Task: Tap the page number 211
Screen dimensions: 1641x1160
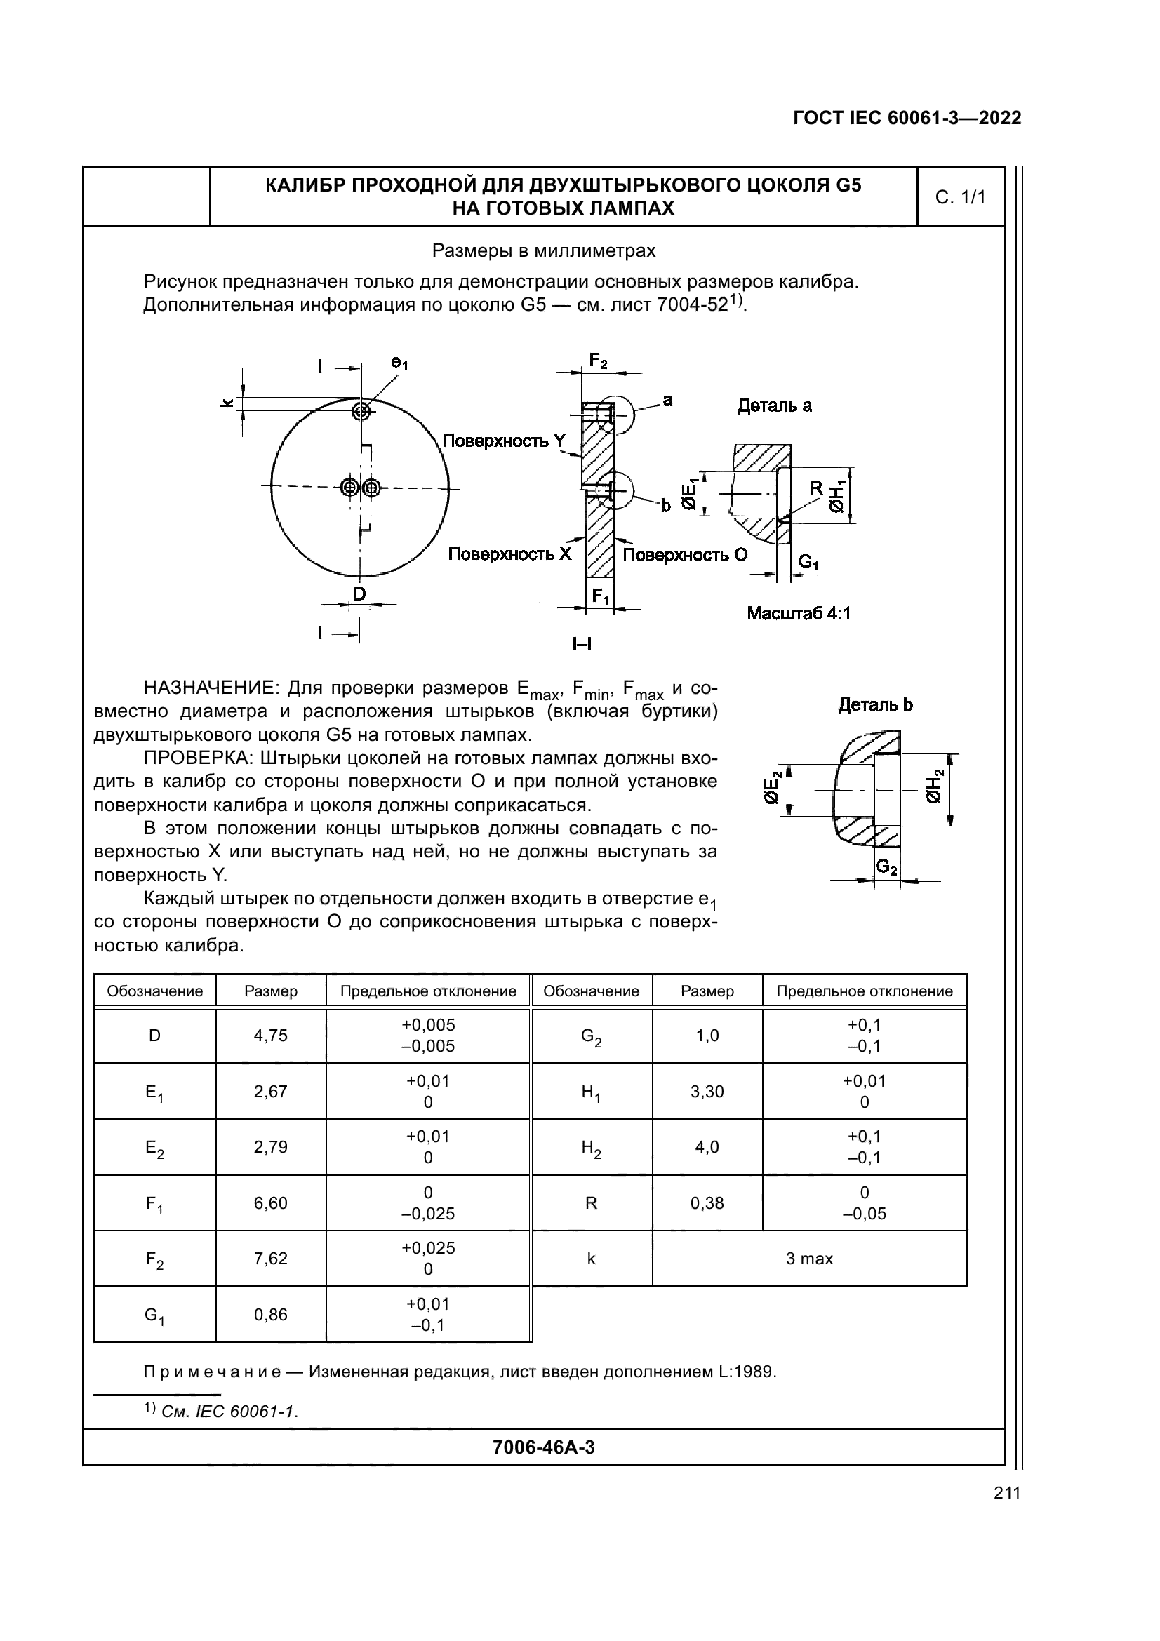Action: click(x=1006, y=1493)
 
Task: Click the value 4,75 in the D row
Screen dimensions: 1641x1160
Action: click(x=270, y=1035)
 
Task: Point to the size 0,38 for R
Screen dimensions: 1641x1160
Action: click(x=707, y=1203)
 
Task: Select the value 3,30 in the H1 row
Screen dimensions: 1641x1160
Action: click(x=707, y=1092)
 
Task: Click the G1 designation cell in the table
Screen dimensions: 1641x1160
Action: click(x=154, y=1315)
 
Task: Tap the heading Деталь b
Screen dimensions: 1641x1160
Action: click(x=875, y=704)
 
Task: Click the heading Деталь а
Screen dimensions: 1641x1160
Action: click(x=774, y=406)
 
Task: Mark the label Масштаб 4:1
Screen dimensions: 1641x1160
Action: click(x=799, y=613)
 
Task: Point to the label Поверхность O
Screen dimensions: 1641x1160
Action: click(x=685, y=555)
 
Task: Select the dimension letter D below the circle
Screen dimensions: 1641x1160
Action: click(x=359, y=594)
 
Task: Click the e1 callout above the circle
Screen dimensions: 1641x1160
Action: click(x=399, y=363)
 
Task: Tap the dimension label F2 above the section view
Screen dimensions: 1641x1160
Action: click(x=597, y=361)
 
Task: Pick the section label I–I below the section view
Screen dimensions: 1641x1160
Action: click(x=582, y=645)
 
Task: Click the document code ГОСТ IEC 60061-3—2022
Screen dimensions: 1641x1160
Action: click(x=907, y=118)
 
